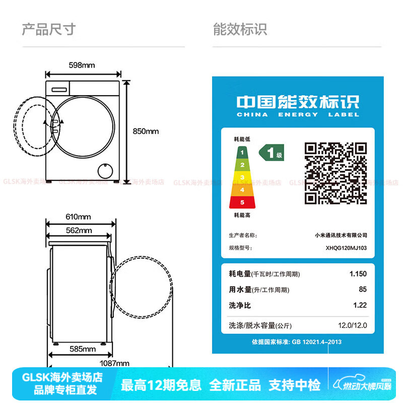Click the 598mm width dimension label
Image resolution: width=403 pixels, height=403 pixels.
point(82,65)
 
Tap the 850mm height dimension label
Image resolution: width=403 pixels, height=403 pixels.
point(146,131)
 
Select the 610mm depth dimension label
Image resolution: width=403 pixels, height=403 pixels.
point(78,217)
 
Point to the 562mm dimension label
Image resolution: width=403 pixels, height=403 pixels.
point(79,231)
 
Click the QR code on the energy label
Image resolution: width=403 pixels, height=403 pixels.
point(335,172)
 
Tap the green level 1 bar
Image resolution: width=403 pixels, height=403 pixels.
point(242,152)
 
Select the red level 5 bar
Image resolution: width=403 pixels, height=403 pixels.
point(242,203)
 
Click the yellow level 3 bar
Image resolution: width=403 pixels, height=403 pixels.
point(242,177)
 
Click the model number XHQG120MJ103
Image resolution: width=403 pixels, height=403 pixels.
point(346,248)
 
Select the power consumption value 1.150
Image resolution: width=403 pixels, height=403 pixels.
point(358,274)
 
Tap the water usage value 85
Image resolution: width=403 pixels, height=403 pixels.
point(363,290)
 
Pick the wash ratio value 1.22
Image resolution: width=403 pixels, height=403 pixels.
point(360,305)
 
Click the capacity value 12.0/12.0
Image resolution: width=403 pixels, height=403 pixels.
point(353,325)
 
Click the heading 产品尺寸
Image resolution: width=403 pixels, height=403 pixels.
point(48,29)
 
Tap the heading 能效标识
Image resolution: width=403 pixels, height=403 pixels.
point(240,29)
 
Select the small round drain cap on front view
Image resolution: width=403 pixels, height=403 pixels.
point(105,171)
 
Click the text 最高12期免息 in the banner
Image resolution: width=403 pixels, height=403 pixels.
point(161,385)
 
